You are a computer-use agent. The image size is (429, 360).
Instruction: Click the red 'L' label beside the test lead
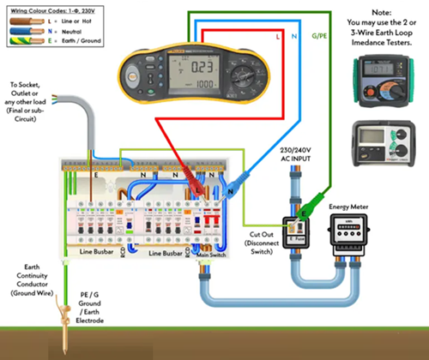tap(279, 39)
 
